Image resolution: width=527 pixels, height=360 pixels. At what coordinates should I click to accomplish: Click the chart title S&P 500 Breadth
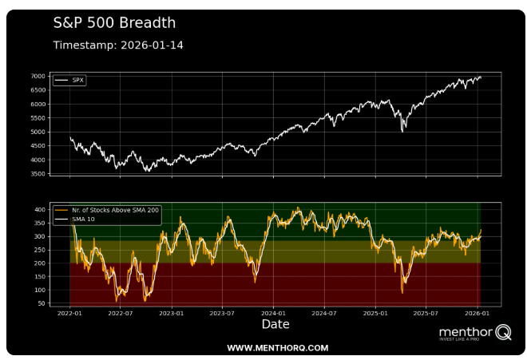[x=114, y=23]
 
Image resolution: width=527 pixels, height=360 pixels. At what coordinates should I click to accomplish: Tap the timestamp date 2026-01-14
[x=152, y=45]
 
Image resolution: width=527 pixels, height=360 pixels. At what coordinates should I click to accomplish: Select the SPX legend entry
[x=77, y=80]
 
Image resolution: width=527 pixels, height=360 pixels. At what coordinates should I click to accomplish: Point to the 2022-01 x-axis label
[x=69, y=315]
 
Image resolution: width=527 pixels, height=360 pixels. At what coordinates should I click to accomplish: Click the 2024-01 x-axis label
[x=274, y=315]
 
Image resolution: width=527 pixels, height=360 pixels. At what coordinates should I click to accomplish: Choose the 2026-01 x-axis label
[x=477, y=315]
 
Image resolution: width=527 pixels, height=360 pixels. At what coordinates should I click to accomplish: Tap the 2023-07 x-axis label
[x=223, y=315]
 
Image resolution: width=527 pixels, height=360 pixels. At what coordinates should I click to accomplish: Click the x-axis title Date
[x=275, y=325]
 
